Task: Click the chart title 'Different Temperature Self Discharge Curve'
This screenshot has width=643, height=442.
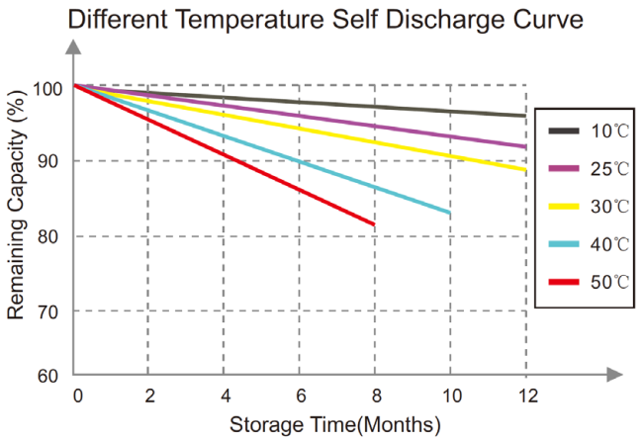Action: (x=325, y=20)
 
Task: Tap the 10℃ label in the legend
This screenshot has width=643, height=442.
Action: (x=609, y=132)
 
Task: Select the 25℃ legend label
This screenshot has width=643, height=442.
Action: (x=609, y=169)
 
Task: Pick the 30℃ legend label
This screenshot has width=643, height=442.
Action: (x=609, y=207)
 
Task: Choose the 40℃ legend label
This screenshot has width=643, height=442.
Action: (x=609, y=244)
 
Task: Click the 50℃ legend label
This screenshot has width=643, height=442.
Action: (x=609, y=282)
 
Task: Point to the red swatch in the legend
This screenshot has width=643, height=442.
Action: (x=564, y=282)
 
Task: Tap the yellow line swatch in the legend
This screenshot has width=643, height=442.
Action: (x=564, y=207)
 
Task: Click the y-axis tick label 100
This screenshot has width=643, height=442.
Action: (x=47, y=89)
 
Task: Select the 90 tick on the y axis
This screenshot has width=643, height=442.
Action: (x=47, y=161)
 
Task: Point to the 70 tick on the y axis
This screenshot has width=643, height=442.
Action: (x=47, y=312)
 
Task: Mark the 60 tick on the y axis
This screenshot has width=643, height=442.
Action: (x=47, y=376)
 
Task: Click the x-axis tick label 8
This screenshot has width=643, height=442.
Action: (x=377, y=397)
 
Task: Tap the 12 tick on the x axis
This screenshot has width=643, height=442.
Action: (x=528, y=397)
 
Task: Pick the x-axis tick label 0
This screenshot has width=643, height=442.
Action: (x=77, y=397)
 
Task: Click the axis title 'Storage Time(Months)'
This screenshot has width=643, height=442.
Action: (x=335, y=425)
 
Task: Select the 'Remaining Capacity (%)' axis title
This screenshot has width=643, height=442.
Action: (x=17, y=204)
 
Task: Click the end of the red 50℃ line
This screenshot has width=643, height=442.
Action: (x=374, y=224)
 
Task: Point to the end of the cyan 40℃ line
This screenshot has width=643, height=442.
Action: (x=449, y=213)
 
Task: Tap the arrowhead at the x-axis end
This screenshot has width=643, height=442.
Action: (x=615, y=375)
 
